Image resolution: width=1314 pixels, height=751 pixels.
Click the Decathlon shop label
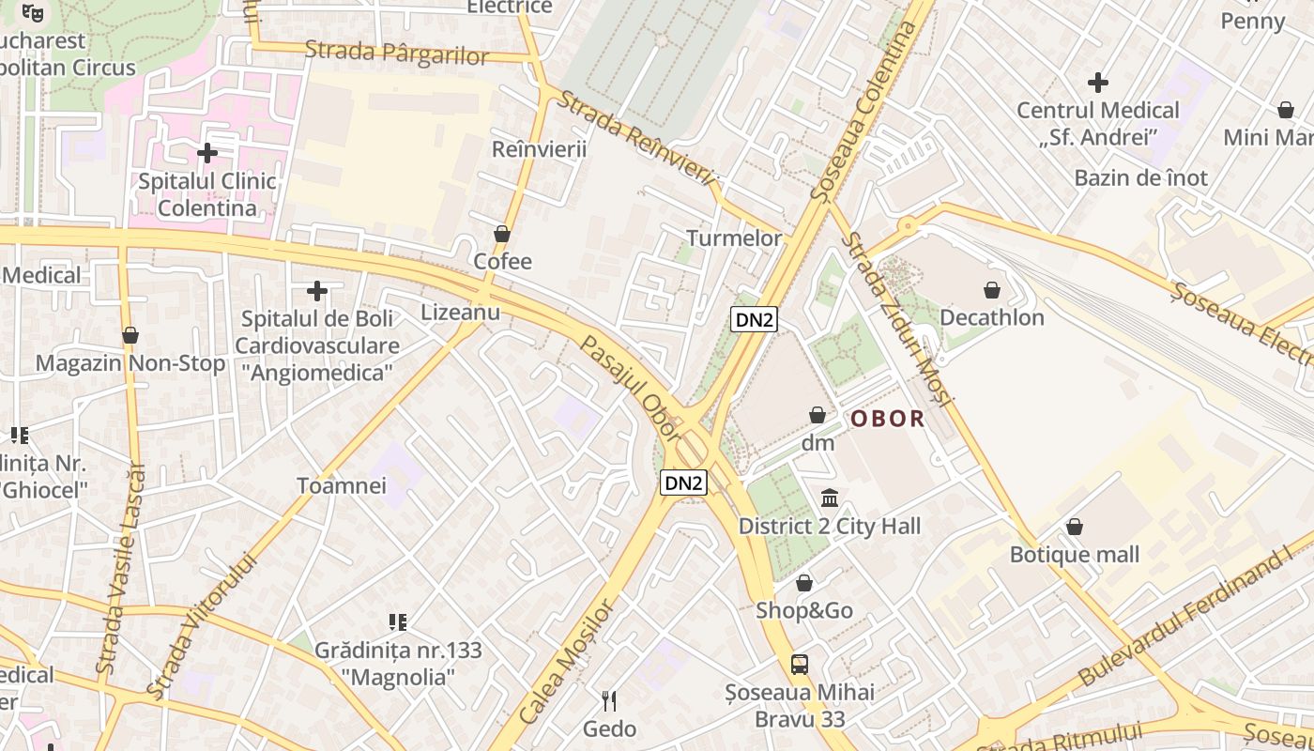(x=992, y=317)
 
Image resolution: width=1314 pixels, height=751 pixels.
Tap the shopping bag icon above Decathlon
(x=992, y=290)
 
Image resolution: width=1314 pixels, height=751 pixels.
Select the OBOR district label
(x=887, y=419)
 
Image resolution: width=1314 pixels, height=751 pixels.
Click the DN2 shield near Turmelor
(x=754, y=319)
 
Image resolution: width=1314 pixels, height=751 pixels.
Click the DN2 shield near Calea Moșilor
(x=683, y=483)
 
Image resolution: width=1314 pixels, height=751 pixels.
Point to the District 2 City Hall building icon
(x=830, y=498)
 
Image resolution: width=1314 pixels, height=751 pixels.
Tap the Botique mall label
(x=1074, y=554)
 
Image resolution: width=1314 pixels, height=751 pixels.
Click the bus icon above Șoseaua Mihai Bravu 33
(x=800, y=665)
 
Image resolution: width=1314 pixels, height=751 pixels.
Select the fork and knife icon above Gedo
(x=609, y=700)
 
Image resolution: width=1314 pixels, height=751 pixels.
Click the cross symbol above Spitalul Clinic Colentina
(x=207, y=152)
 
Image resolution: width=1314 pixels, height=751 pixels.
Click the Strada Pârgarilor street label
(x=397, y=53)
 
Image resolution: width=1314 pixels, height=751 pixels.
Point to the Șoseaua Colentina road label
(x=864, y=111)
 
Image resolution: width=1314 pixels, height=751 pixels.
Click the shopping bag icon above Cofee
(x=502, y=234)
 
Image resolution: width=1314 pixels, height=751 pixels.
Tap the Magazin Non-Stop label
(x=130, y=363)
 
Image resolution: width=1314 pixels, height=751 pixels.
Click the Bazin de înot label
(x=1140, y=177)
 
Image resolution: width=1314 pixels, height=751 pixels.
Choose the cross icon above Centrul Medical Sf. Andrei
(x=1097, y=83)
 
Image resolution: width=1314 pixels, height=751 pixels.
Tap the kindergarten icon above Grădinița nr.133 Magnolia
(x=398, y=621)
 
